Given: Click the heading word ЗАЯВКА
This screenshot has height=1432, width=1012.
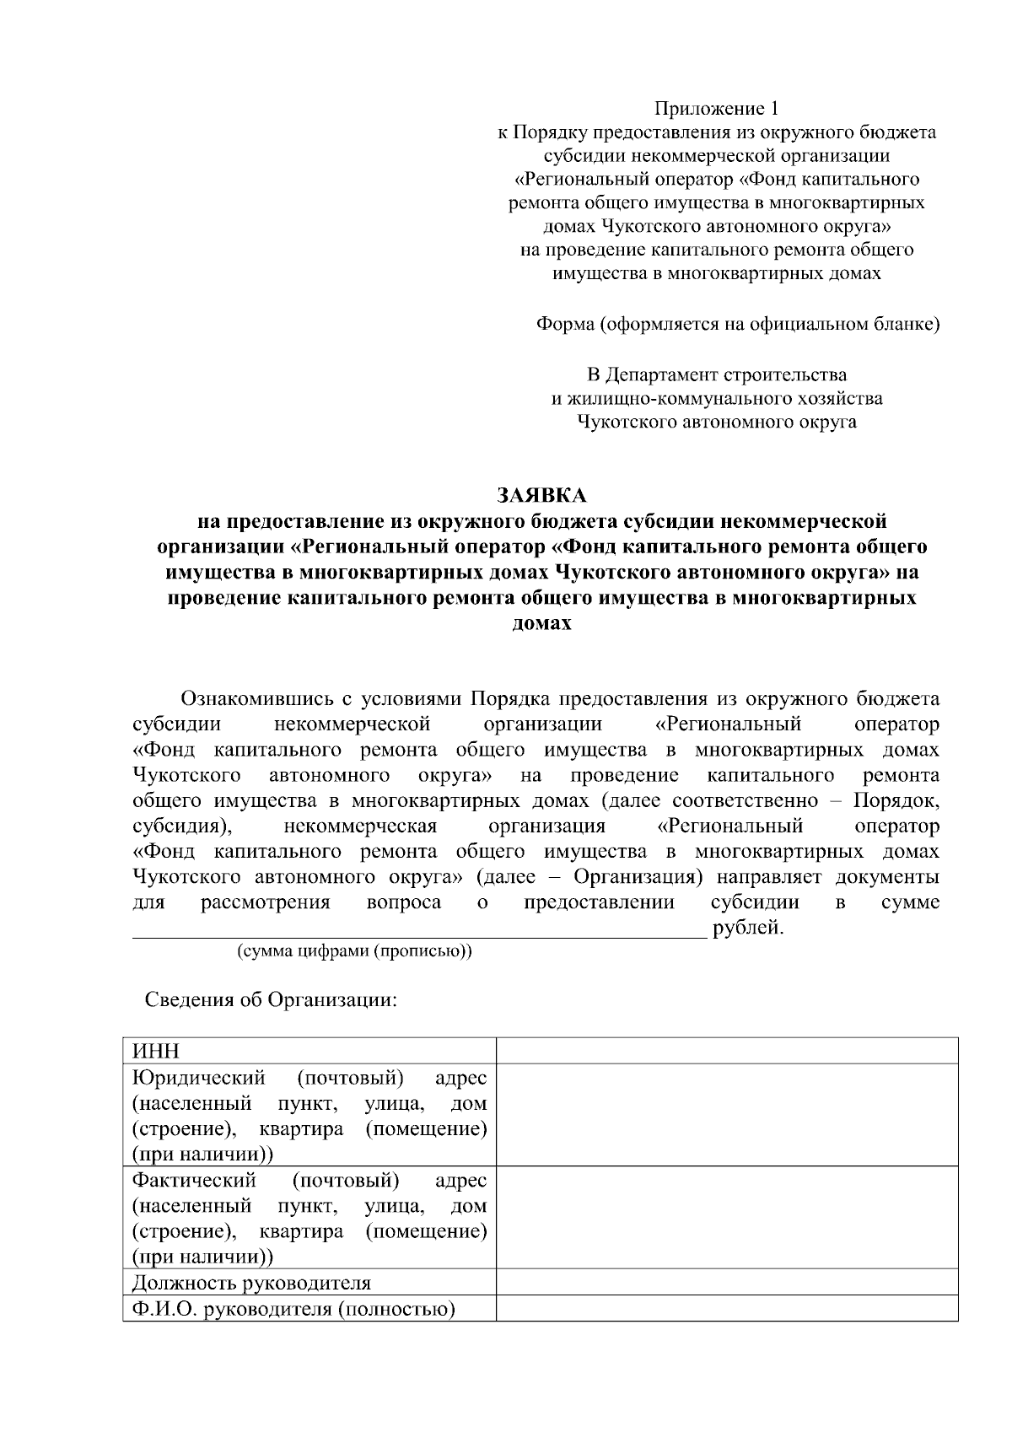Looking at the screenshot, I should [x=541, y=494].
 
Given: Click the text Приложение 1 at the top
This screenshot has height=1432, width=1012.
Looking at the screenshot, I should [x=717, y=109].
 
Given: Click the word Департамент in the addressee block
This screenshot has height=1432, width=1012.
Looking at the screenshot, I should [x=657, y=374].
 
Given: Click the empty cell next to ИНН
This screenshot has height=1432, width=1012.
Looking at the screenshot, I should [x=726, y=1051].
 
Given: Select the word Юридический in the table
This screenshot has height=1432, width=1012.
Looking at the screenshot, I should [x=199, y=1078].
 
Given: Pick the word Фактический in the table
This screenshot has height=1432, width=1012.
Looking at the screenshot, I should [x=194, y=1180].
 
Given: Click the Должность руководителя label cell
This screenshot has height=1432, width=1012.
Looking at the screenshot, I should [x=251, y=1283].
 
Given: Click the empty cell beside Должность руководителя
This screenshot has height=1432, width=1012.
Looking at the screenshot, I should [x=726, y=1283].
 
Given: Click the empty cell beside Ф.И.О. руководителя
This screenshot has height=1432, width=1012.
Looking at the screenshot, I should [x=726, y=1309].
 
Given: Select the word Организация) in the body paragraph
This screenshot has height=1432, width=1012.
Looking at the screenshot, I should [x=633, y=877].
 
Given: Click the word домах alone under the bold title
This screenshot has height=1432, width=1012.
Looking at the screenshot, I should [x=542, y=624].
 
